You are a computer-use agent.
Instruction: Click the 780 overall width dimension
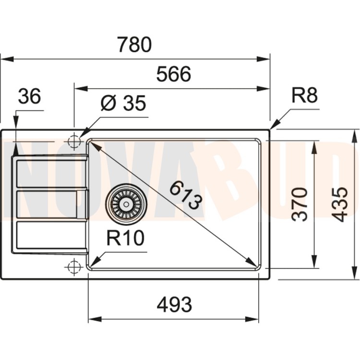pyautogui.click(x=134, y=44)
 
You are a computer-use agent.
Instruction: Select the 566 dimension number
pyautogui.click(x=174, y=74)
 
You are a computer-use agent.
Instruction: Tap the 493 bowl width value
pyautogui.click(x=174, y=305)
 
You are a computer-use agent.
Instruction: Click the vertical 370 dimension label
pyautogui.click(x=300, y=204)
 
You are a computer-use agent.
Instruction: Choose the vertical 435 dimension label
pyautogui.click(x=340, y=204)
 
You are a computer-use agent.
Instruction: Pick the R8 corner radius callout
pyautogui.click(x=304, y=95)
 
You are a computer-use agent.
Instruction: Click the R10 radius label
pyautogui.click(x=125, y=238)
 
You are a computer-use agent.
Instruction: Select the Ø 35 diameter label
pyautogui.click(x=123, y=103)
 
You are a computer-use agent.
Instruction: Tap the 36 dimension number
pyautogui.click(x=29, y=96)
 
